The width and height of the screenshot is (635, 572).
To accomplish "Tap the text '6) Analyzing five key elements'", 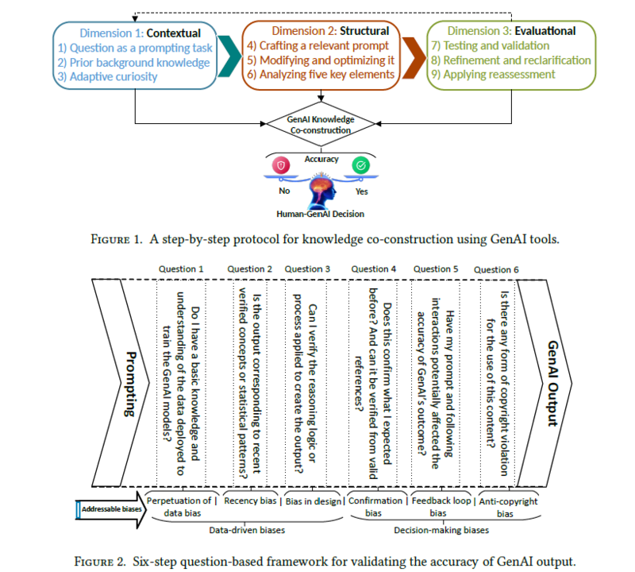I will pos(319,74).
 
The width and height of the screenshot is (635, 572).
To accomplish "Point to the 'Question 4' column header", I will pos(374,269).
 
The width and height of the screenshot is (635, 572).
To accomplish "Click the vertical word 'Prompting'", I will pos(128,386).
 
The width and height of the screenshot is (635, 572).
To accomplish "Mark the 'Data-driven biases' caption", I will pos(247,528).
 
